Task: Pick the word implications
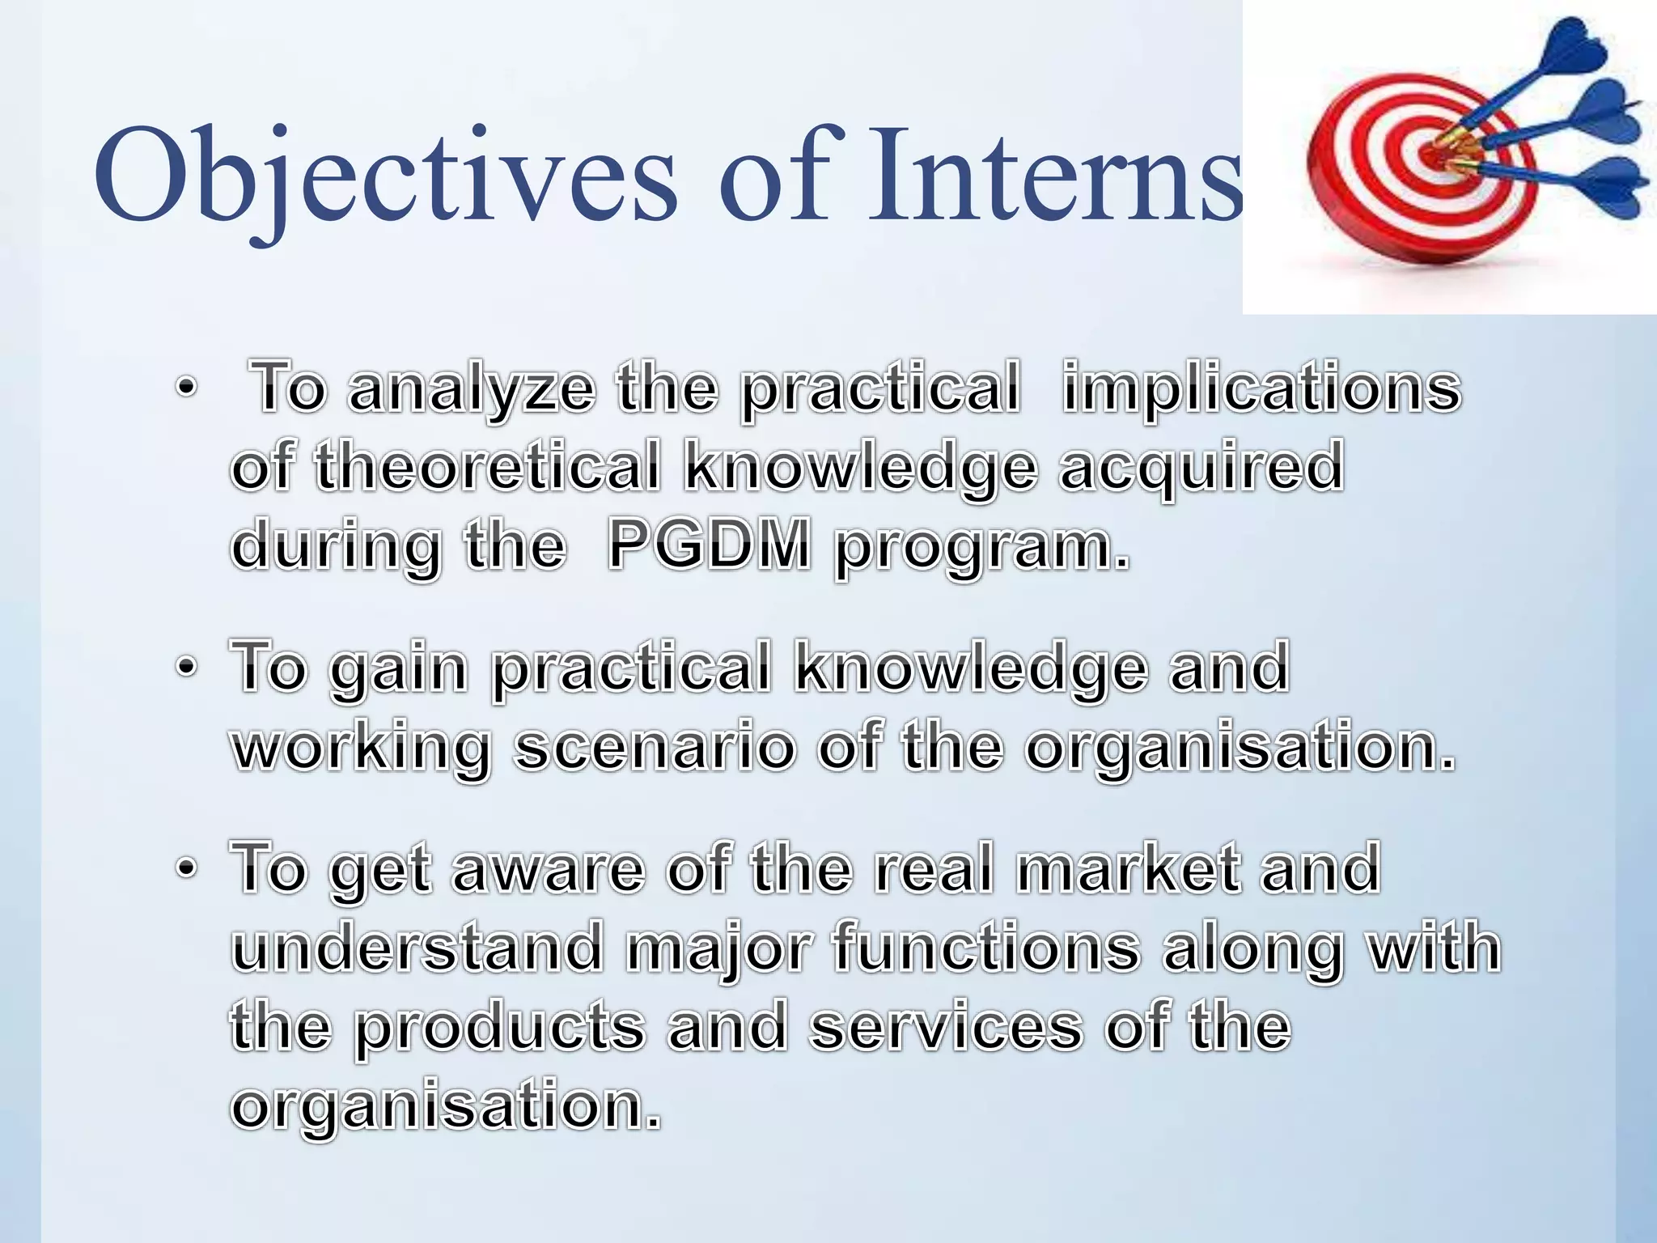(1261, 389)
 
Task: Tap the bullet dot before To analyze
(186, 389)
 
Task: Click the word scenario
(655, 748)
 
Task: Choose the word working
(361, 748)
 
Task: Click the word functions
(986, 948)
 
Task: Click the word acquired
(1201, 467)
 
